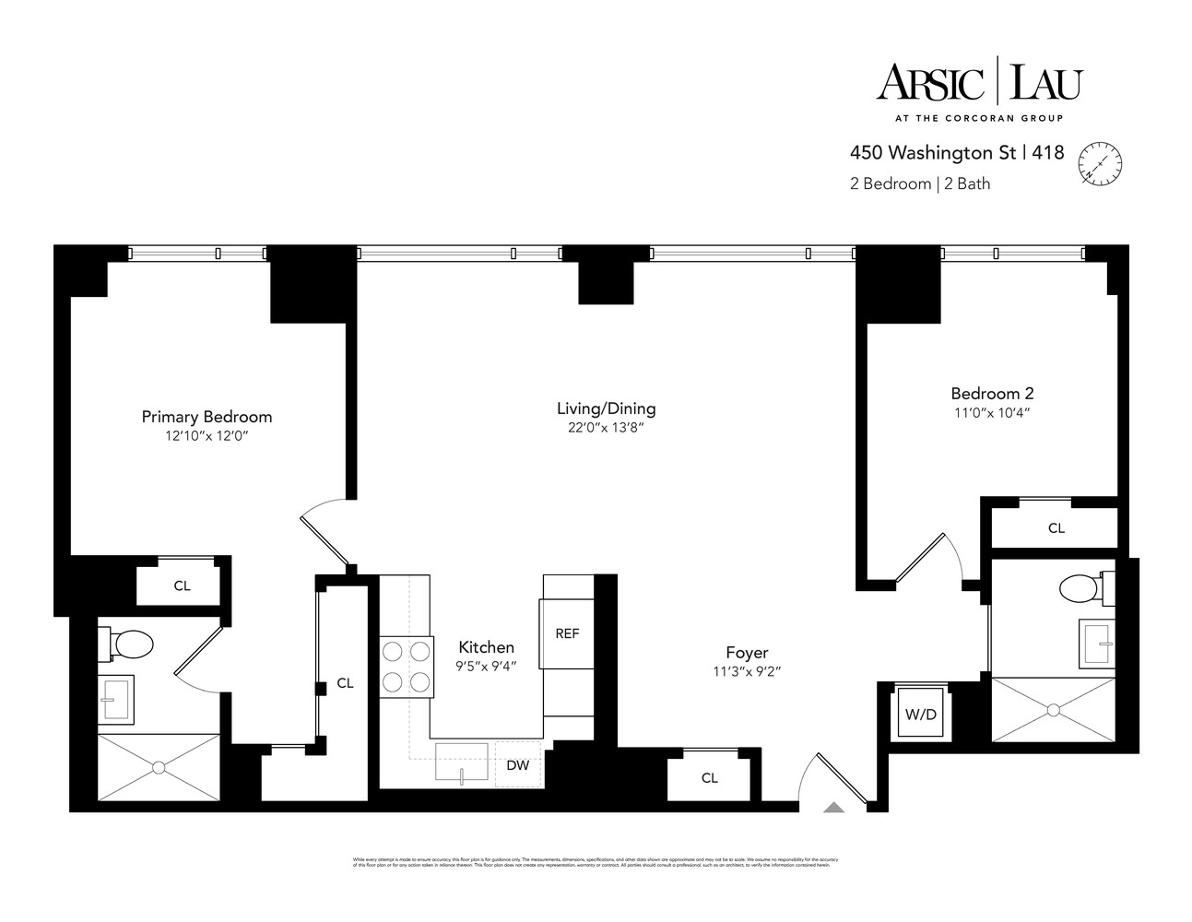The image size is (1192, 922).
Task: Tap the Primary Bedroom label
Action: [207, 417]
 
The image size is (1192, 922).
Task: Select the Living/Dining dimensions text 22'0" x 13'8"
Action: [606, 427]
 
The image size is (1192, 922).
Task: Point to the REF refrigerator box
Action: [566, 633]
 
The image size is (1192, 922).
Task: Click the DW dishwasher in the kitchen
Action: [517, 763]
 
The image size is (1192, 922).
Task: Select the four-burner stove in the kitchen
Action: [407, 667]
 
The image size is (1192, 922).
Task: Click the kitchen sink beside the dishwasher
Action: [462, 762]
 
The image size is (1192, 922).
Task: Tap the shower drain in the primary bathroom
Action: [159, 766]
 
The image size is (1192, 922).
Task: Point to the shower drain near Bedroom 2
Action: [1052, 709]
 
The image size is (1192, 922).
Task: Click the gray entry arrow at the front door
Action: [833, 808]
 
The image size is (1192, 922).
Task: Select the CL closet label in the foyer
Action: [709, 778]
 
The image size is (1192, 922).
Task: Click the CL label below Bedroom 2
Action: [1056, 528]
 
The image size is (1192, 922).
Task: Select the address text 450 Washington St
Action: [933, 153]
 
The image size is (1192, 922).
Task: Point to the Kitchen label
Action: [486, 647]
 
